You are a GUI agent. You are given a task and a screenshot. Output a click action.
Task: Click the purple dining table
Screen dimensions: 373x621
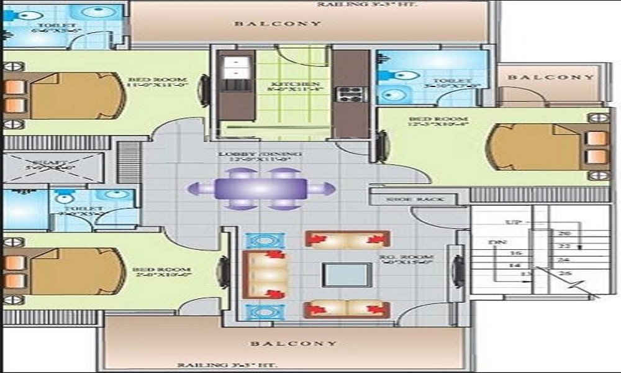click(261, 188)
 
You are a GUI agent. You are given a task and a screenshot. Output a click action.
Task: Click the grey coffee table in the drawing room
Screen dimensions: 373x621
click(347, 274)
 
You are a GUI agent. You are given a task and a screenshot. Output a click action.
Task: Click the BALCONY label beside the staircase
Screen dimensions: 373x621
click(550, 78)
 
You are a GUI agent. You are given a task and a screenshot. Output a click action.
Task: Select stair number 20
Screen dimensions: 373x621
click(564, 234)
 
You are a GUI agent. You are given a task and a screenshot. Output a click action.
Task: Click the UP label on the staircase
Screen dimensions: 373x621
click(513, 222)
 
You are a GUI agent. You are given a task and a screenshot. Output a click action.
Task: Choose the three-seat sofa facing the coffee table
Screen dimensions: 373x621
click(265, 274)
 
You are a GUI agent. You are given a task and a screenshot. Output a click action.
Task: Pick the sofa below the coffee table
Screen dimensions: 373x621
click(348, 309)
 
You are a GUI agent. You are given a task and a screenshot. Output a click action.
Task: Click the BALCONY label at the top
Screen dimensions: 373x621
click(278, 24)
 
